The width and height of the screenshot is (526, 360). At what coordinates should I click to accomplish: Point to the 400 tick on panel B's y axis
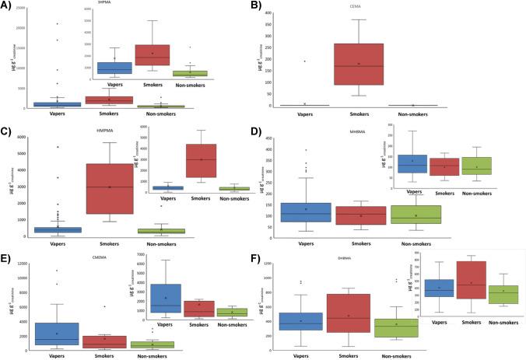(289, 14)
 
